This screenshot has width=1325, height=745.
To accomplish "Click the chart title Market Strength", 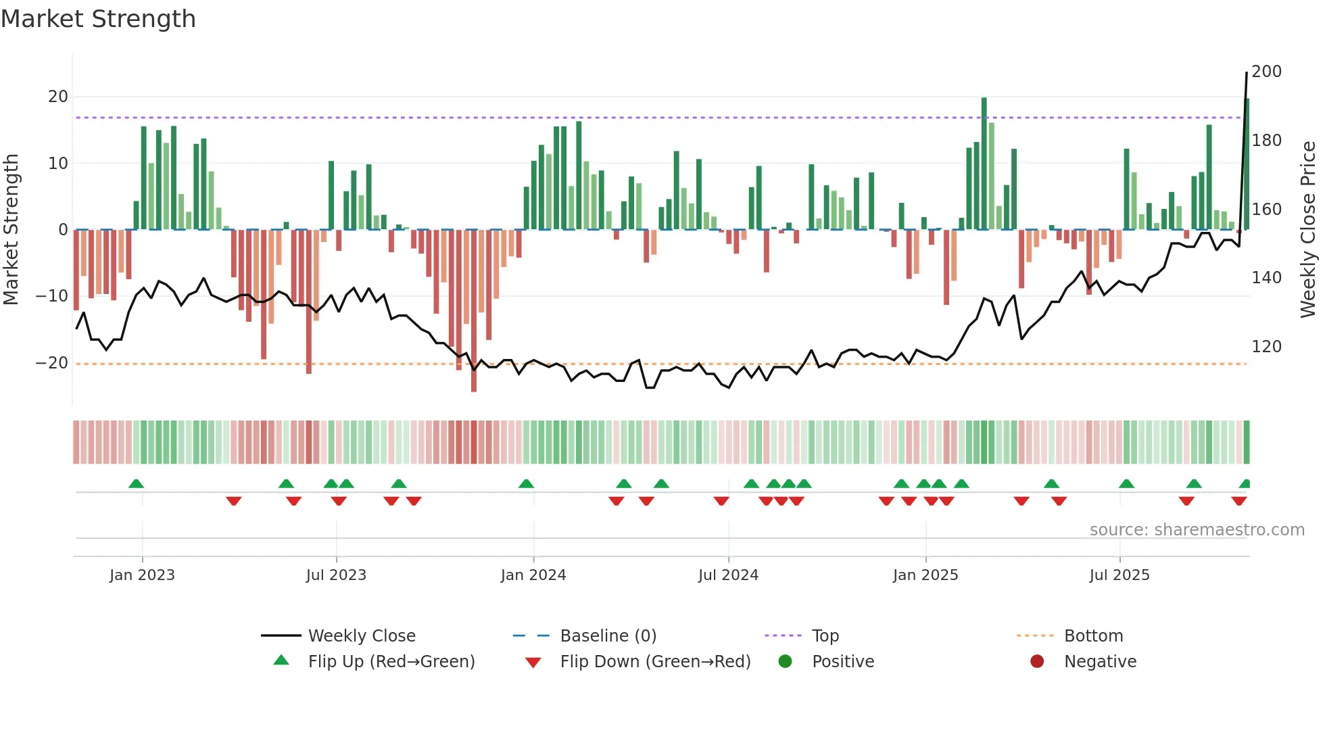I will click(98, 19).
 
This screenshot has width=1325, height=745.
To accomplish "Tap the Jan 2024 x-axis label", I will click(533, 575).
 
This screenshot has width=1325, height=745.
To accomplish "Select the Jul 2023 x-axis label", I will click(336, 575).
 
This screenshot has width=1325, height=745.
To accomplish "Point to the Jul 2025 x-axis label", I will click(1119, 575).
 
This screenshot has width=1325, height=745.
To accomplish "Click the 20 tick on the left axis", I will click(57, 97).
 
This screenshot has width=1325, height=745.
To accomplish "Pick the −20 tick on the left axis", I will click(52, 363).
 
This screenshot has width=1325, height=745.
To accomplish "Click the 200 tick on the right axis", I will click(1266, 72).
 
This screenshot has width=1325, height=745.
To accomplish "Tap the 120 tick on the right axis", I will click(1266, 347).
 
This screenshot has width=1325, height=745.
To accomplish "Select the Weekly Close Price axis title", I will click(1308, 230).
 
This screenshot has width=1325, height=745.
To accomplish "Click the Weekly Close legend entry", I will click(361, 636).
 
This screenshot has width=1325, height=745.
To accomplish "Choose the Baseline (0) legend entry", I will click(608, 636).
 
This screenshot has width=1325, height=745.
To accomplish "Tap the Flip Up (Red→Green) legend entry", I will click(391, 662).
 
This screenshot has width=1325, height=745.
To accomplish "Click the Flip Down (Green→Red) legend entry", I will click(654, 662).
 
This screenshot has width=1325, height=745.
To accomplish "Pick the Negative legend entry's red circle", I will click(1036, 662).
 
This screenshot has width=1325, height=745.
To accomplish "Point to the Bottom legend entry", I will click(1093, 636).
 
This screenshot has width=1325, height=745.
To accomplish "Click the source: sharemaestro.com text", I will click(1197, 530).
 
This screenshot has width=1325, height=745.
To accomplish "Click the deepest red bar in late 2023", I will click(473, 311).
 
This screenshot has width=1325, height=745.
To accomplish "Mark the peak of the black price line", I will click(1247, 73).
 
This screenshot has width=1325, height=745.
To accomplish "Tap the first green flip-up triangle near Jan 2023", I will click(136, 483).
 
